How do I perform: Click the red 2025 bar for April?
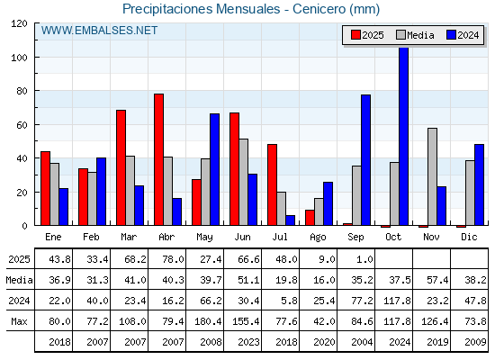click(158, 159)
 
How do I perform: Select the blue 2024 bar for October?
click(404, 136)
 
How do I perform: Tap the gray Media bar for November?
click(432, 176)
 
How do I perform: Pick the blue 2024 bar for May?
click(215, 169)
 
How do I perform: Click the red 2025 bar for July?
click(272, 184)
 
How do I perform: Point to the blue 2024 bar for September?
click(365, 160)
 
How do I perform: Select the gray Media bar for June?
click(244, 182)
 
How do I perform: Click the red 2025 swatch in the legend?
click(355, 35)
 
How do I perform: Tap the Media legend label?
click(420, 35)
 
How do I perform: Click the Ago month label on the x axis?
click(318, 238)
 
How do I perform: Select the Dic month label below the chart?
click(469, 237)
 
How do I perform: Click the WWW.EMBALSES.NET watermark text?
click(99, 31)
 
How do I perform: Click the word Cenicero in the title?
click(319, 9)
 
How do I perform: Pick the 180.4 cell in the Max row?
click(208, 321)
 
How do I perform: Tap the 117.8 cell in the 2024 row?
click(397, 301)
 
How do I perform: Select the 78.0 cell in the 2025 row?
click(173, 259)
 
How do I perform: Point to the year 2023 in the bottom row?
click(248, 342)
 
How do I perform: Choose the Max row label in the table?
click(19, 321)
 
